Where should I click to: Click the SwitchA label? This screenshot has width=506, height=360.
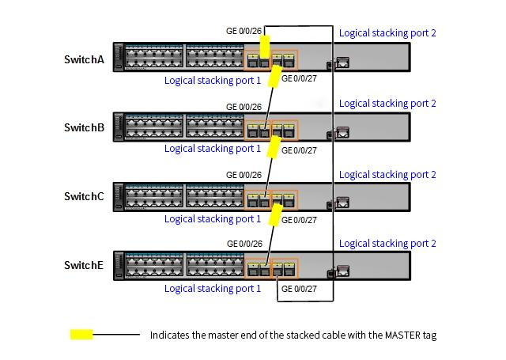(x=84, y=59)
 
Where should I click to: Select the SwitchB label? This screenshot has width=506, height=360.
(x=84, y=127)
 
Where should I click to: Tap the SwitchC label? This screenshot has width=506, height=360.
(x=84, y=197)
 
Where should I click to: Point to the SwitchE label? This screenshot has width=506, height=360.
(x=84, y=266)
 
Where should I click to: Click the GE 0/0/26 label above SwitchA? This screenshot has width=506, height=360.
(x=244, y=32)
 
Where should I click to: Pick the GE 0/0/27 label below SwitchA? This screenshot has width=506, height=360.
(x=299, y=78)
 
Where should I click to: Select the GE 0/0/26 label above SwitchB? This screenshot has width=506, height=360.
(x=244, y=107)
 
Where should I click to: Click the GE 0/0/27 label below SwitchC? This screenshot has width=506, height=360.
(x=299, y=219)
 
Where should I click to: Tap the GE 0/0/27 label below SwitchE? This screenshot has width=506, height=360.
(x=299, y=290)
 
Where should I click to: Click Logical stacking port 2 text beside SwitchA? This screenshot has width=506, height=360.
(x=387, y=33)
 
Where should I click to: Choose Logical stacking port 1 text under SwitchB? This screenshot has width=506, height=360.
(x=213, y=149)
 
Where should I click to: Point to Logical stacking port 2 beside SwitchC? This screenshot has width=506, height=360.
(x=387, y=175)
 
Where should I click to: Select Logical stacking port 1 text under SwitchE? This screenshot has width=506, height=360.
(x=213, y=289)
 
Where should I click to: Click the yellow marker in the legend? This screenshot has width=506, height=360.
(x=81, y=335)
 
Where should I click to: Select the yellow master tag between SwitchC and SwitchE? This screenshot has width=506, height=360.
(x=276, y=215)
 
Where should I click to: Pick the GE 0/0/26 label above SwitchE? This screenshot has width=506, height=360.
(x=244, y=244)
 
